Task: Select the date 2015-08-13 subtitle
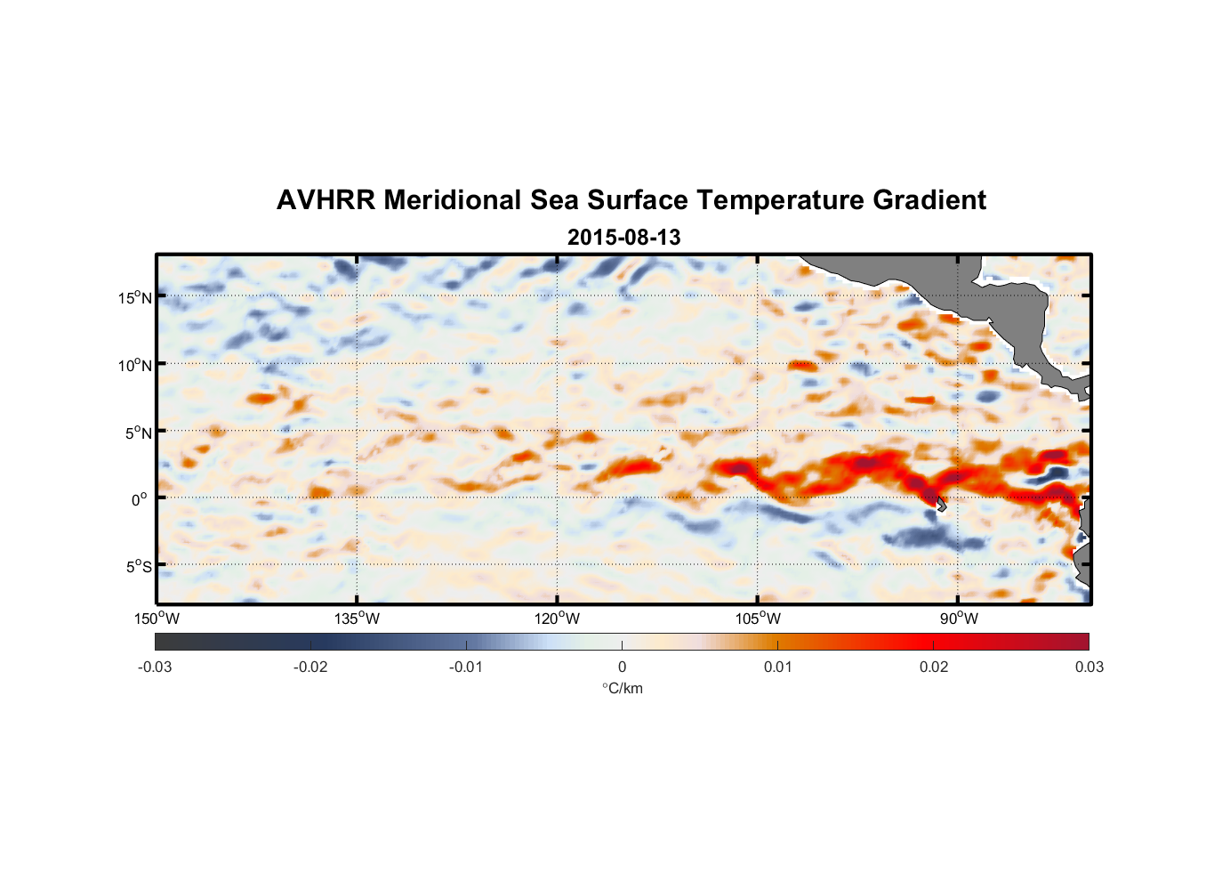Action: (x=623, y=238)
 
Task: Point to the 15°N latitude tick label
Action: (x=134, y=297)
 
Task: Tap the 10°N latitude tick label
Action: (x=134, y=365)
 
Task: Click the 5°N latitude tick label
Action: (x=137, y=433)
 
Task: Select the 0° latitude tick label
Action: (x=140, y=499)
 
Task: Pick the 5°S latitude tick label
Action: (x=137, y=567)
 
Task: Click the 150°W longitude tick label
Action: (x=157, y=619)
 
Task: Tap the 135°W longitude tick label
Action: (x=357, y=619)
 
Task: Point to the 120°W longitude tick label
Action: (x=557, y=619)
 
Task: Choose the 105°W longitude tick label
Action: (x=758, y=619)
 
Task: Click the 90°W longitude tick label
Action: (x=958, y=619)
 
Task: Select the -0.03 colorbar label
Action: (x=155, y=667)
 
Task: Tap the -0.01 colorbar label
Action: (x=466, y=667)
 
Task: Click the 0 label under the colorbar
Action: (x=622, y=667)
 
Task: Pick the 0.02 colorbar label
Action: (x=934, y=667)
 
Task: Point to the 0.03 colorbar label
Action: (x=1089, y=667)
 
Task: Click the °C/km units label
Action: (x=622, y=688)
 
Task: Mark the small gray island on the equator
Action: (x=941, y=505)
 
